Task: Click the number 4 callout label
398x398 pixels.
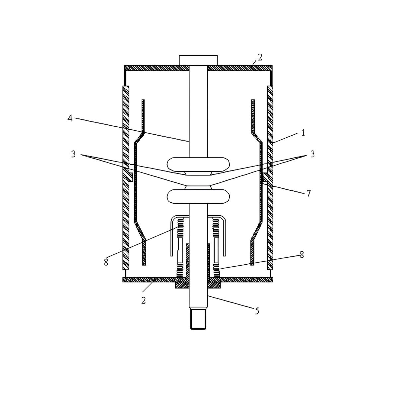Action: (70, 118)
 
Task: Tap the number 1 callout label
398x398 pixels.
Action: (303, 133)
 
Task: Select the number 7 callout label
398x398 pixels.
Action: (308, 193)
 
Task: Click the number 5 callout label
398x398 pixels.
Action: (257, 311)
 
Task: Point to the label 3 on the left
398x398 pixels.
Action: (73, 154)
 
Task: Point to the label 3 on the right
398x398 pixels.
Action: (312, 154)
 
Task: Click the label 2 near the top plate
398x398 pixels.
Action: (260, 57)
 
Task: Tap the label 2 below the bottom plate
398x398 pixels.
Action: (144, 300)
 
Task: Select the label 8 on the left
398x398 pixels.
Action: (106, 262)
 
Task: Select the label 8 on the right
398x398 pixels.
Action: (302, 254)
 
